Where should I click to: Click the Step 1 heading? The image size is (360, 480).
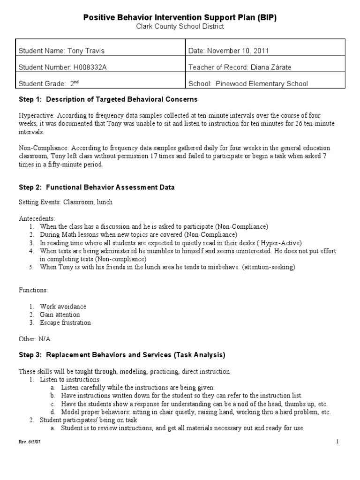point(108,99)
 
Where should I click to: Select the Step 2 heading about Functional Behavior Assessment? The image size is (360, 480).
point(97,187)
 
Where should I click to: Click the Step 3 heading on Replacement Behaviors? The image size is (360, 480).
point(122,355)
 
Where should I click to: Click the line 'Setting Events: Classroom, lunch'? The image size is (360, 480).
point(66,202)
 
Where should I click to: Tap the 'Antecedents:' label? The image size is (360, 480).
point(37,218)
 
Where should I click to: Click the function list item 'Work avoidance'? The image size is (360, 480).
point(63,307)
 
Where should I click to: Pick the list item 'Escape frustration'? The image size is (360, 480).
point(65,322)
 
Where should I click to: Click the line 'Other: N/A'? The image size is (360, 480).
point(34,338)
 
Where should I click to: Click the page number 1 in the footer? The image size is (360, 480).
point(337,442)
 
